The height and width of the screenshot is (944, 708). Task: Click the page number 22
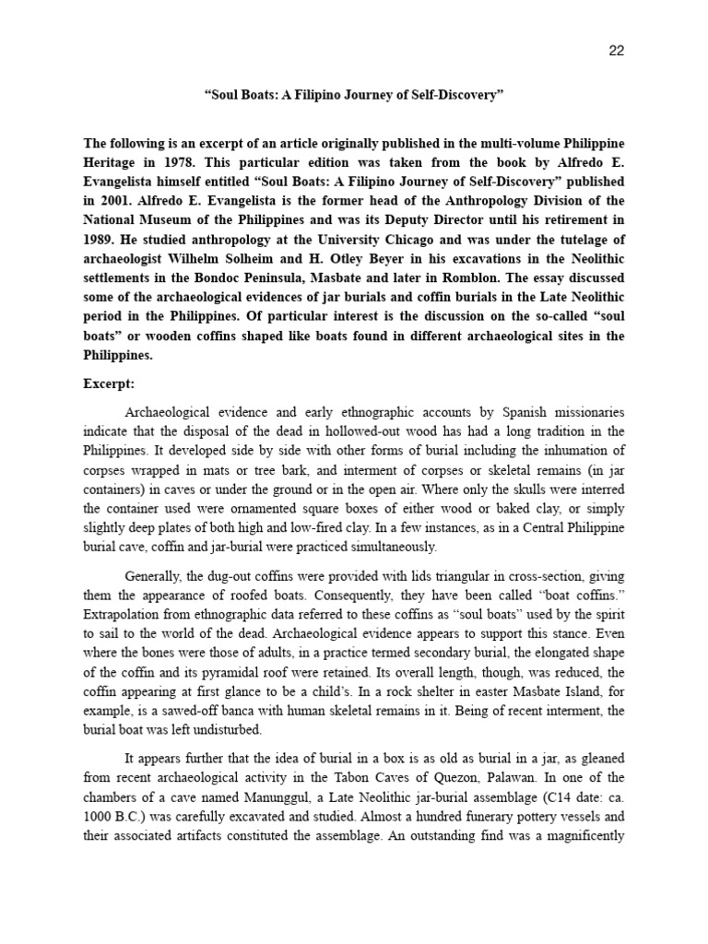(617, 51)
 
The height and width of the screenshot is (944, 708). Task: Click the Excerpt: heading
(111, 382)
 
